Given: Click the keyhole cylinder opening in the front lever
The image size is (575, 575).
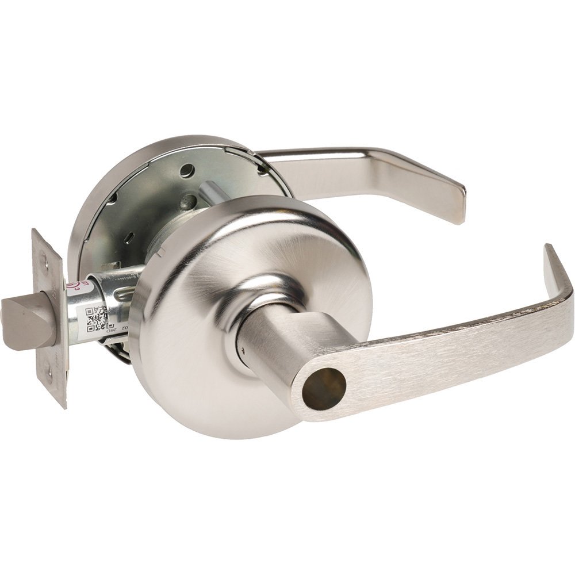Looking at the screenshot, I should (x=324, y=389).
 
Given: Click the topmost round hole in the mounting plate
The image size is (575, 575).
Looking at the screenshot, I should (x=186, y=170).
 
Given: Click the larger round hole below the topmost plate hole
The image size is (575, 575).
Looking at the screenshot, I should (x=189, y=201).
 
